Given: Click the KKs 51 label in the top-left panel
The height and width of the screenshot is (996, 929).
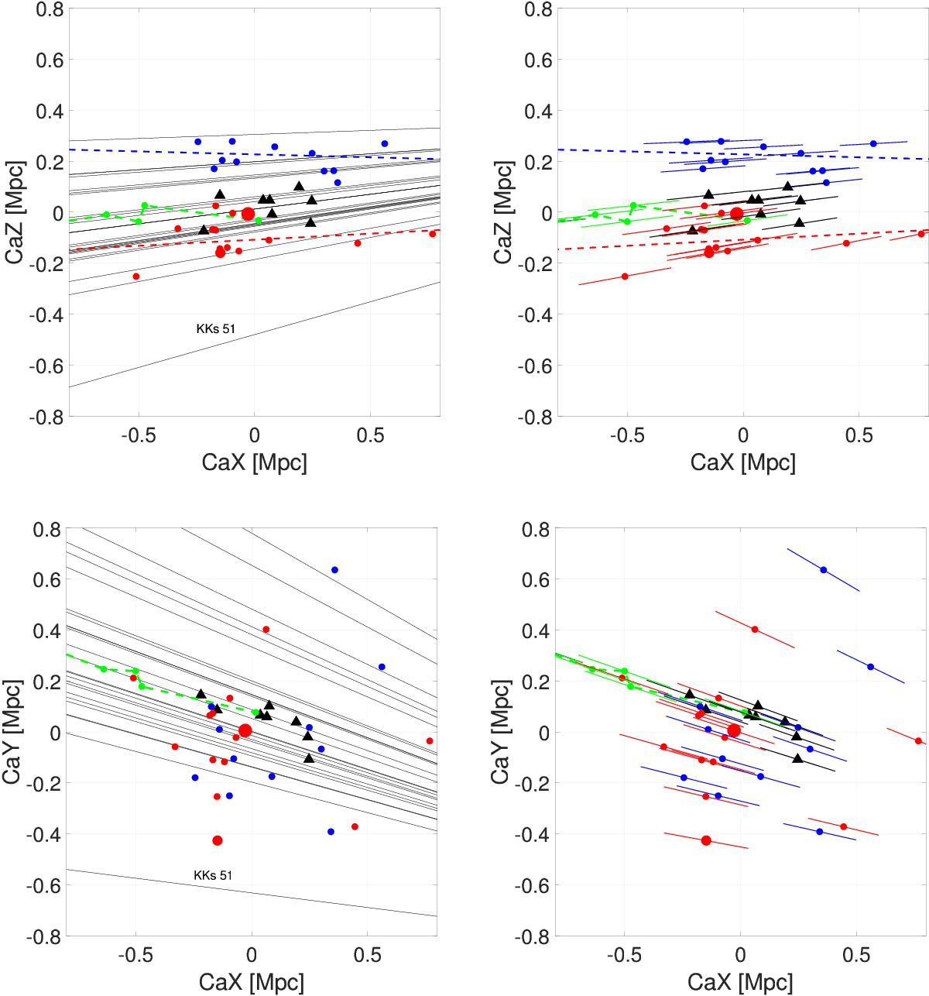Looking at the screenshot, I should [x=215, y=328].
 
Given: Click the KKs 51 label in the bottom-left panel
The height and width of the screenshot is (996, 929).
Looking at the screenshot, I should [x=212, y=875].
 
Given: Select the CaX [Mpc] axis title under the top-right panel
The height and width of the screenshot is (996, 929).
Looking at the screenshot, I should [x=742, y=462].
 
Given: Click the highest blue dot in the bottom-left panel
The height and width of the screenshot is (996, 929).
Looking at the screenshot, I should [x=334, y=570].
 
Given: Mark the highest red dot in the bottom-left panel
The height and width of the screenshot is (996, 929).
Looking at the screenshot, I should [x=266, y=630].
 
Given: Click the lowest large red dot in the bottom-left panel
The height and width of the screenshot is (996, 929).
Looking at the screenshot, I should [x=218, y=840].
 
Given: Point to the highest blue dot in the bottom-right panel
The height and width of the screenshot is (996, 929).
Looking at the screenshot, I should [x=823, y=570].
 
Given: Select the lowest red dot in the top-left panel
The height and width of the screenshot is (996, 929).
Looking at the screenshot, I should [x=136, y=276].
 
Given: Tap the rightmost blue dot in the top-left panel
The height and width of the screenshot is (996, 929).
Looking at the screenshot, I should [x=385, y=143].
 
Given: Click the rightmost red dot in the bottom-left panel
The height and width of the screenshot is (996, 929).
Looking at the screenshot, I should [x=430, y=741].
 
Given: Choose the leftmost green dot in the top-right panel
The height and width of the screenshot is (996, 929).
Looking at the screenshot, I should [x=595, y=215].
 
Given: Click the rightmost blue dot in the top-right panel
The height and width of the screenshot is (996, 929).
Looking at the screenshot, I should [x=873, y=143].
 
